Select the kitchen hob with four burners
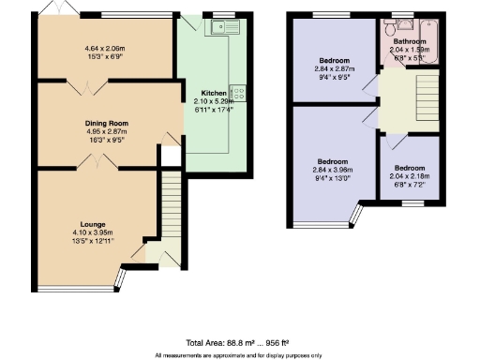pyautogui.click(x=237, y=93)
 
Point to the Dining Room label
pyautogui.click(x=106, y=124)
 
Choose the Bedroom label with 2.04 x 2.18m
pyautogui.click(x=410, y=167)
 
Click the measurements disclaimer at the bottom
pyautogui.click(x=238, y=355)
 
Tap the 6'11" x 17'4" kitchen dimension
pyautogui.click(x=214, y=109)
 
